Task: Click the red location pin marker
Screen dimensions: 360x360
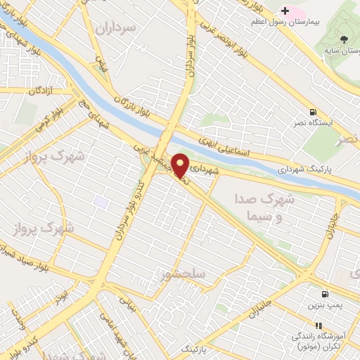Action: (x=180, y=166)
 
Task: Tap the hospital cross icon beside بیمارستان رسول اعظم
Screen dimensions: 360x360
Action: (x=285, y=11)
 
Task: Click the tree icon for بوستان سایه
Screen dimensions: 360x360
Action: (x=343, y=39)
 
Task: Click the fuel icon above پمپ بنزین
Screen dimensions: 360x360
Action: (x=324, y=294)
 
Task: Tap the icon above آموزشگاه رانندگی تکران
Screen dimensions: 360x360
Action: (x=318, y=326)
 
